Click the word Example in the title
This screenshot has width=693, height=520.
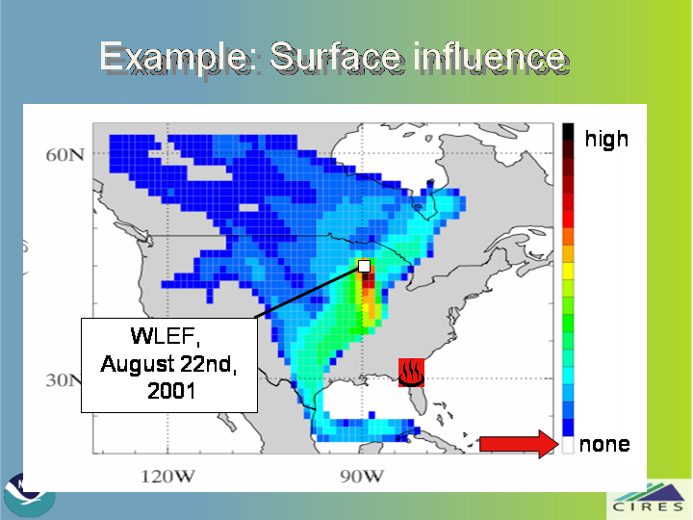point(174,57)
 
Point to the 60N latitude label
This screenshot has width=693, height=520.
point(65,155)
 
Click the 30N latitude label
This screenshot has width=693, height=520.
point(64,379)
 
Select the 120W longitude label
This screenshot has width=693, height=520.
point(167,477)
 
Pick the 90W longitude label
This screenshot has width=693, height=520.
point(362,477)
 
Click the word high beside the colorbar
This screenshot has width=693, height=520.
point(606,139)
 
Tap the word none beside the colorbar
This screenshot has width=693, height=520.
point(604,444)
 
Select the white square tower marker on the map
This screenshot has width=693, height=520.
point(364,266)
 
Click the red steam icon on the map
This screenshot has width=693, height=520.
point(412,373)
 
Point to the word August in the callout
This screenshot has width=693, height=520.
point(137,365)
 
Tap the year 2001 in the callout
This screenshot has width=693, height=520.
point(171,391)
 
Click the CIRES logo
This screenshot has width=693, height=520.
point(649,499)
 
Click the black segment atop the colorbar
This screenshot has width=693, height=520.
point(568,132)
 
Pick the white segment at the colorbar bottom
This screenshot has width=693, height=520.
point(568,445)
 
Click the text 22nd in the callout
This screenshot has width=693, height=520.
point(207,364)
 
